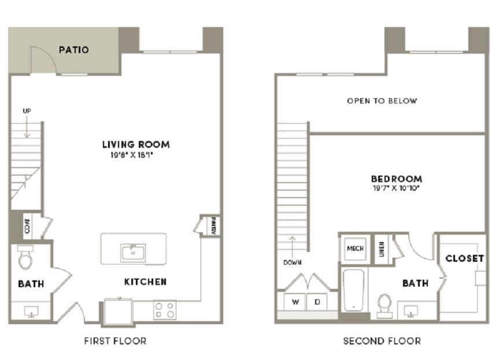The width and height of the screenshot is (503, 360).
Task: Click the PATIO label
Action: point(74,50)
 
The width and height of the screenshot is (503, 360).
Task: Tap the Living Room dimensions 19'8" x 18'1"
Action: point(131,155)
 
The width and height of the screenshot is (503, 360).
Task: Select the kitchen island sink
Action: point(133,253)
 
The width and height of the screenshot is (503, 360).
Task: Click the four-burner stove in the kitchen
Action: point(165,310)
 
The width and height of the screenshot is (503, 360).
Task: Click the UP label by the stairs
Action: point(27,111)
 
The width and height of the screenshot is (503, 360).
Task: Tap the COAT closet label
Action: point(28,226)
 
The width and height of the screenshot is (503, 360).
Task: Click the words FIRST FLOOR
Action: point(115,341)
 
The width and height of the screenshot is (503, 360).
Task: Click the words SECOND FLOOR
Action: point(382,341)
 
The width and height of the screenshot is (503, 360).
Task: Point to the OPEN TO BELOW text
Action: point(382,101)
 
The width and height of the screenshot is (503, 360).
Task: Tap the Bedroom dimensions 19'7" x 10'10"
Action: point(397,188)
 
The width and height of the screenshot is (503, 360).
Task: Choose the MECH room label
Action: point(355,248)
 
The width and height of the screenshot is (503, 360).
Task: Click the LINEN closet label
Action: point(382,249)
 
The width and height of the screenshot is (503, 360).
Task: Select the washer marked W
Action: point(295,302)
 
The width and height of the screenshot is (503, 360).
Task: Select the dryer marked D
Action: point(317,302)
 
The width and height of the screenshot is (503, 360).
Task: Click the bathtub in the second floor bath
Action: point(353,291)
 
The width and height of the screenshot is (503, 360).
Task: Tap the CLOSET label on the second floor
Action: point(464,258)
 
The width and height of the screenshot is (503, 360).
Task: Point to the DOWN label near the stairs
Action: point(292,262)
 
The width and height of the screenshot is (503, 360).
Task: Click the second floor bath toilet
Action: point(384,306)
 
